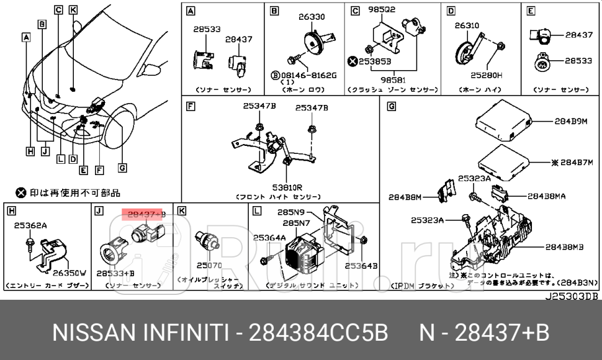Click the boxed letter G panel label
click(x=391, y=106)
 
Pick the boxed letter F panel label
click(x=191, y=106)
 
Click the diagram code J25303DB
click(x=571, y=296)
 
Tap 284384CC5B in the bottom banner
click(x=318, y=333)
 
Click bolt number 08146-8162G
click(x=312, y=75)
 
